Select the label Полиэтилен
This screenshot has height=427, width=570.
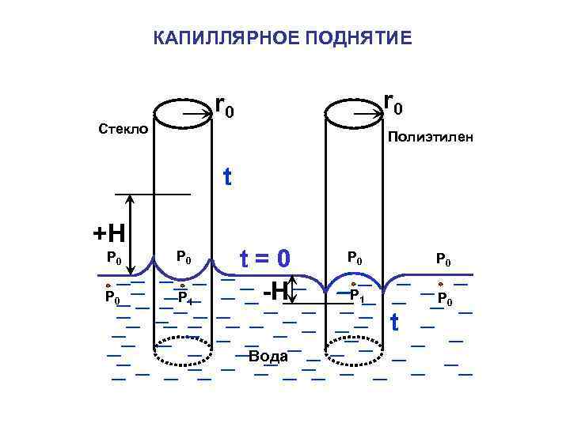pyautogui.click(x=431, y=138)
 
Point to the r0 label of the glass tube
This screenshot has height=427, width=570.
pyautogui.click(x=225, y=107)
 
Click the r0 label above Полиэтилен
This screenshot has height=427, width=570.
pyautogui.click(x=393, y=103)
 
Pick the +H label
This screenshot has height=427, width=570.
pyautogui.click(x=109, y=233)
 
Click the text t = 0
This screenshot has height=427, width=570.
pyautogui.click(x=266, y=259)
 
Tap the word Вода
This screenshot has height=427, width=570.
pyautogui.click(x=268, y=356)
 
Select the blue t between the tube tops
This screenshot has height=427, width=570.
pyautogui.click(x=228, y=177)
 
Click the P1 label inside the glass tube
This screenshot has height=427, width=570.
pyautogui.click(x=184, y=298)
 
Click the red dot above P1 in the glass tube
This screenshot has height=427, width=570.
pyautogui.click(x=183, y=285)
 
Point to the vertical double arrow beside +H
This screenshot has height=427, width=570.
pyautogui.click(x=131, y=235)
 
